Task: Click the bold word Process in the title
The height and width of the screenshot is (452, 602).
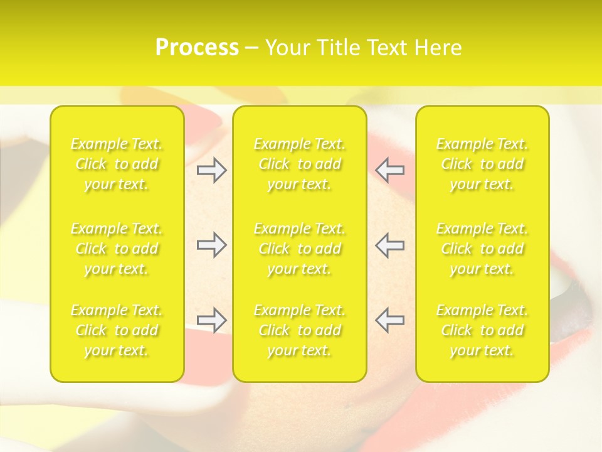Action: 197,48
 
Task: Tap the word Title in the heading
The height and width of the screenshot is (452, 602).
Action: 337,48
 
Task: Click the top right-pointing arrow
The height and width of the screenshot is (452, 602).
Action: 212,170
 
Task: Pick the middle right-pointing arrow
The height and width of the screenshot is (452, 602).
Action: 212,245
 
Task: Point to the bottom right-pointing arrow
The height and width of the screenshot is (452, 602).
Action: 212,320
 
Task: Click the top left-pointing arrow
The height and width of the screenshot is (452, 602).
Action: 390,170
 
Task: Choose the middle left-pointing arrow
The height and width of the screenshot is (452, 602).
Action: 390,245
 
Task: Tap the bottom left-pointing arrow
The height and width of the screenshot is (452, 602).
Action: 390,320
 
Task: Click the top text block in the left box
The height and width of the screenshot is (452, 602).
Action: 117,164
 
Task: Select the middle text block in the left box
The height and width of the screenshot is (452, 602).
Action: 117,249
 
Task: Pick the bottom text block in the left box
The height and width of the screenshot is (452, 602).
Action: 117,330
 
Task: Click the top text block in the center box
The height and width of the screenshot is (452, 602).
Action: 300,164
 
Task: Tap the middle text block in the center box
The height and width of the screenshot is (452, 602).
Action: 300,249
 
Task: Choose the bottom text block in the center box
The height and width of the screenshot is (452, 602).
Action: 300,330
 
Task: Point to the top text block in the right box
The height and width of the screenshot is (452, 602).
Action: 482,164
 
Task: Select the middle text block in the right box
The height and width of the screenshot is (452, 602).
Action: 482,249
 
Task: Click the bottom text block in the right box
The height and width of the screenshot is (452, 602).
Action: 482,330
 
